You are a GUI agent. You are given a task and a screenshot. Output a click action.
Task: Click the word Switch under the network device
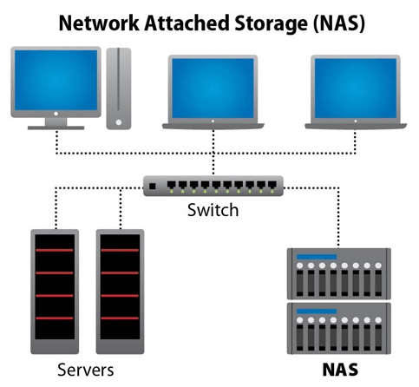pos(213,210)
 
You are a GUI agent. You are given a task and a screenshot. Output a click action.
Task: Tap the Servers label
pos(86,370)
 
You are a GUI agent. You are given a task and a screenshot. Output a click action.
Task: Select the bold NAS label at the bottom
pos(340,370)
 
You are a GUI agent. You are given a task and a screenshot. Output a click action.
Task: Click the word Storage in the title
pos(271,23)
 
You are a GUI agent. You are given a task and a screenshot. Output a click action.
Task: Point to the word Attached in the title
pos(187,23)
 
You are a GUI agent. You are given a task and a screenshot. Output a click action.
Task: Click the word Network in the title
pos(99,23)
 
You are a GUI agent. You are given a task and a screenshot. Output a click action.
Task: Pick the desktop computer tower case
pos(119,89)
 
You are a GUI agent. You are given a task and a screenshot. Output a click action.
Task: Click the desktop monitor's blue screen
pos(56,80)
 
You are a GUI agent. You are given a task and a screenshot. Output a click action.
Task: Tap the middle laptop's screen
pos(213,88)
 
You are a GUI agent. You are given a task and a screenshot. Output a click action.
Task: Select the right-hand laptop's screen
pos(356,88)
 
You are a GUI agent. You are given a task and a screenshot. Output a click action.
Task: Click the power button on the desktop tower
pos(118,122)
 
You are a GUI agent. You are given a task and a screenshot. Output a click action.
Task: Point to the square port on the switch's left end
pos(153,187)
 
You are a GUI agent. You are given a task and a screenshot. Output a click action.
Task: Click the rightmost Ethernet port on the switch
pos(272,185)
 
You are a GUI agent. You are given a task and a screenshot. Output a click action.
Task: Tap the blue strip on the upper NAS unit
pos(317,257)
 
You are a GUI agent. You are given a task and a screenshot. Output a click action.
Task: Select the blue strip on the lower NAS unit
pos(317,312)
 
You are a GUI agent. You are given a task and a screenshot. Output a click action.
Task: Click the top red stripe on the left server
pos(55,250)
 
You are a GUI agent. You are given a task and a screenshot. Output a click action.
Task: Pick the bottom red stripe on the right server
pos(120,318)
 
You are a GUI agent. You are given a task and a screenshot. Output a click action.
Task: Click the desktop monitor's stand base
pos(56,128)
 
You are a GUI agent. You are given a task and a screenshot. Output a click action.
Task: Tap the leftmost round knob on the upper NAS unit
pos(300,266)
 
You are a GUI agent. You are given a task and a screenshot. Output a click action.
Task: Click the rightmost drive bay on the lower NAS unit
pos(378,338)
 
